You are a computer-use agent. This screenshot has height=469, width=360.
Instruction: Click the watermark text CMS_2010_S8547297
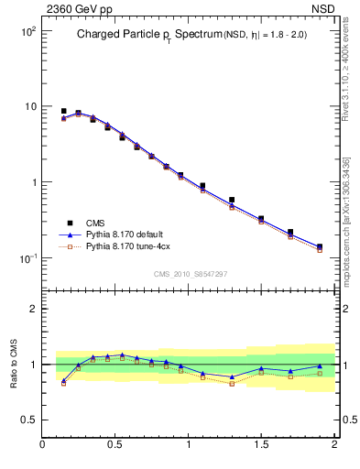(191, 274)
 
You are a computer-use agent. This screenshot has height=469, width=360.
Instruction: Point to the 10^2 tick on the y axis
(28, 32)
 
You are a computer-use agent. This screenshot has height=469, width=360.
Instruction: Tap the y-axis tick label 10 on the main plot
(30, 107)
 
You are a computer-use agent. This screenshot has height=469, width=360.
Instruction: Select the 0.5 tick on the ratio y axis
(29, 420)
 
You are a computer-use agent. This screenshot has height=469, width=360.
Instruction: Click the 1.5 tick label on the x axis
(261, 446)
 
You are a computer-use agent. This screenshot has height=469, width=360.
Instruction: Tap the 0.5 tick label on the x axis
(115, 446)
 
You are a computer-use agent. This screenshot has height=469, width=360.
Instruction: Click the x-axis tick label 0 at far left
(43, 446)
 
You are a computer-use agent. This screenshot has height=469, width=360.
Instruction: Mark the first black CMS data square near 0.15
(63, 111)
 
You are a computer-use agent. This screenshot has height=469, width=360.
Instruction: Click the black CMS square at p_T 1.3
(232, 200)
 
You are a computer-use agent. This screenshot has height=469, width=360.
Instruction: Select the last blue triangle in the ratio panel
(320, 366)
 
